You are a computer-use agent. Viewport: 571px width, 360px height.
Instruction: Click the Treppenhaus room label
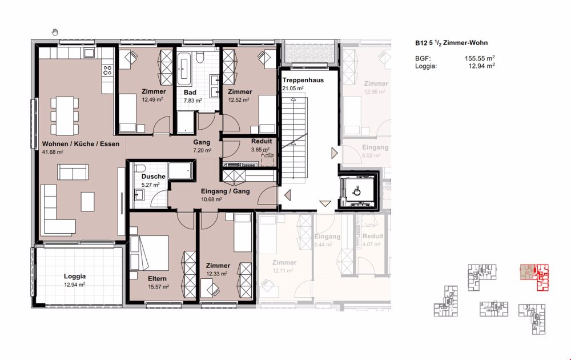click(303, 81)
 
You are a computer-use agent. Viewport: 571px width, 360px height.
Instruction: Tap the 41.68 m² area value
click(53, 153)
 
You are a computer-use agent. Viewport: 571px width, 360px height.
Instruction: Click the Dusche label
click(153, 177)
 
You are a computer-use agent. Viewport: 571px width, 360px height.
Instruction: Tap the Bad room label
click(190, 92)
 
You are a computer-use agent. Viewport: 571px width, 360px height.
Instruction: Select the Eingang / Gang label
click(224, 191)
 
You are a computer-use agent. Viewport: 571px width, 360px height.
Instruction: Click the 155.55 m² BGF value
click(480, 59)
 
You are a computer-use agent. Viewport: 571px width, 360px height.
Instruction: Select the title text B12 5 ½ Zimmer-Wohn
click(451, 43)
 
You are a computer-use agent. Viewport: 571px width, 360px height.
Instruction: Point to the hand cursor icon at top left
click(55, 31)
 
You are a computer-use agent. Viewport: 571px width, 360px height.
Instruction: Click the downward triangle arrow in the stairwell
click(325, 203)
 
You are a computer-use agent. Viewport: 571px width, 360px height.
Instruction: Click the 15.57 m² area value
click(158, 287)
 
